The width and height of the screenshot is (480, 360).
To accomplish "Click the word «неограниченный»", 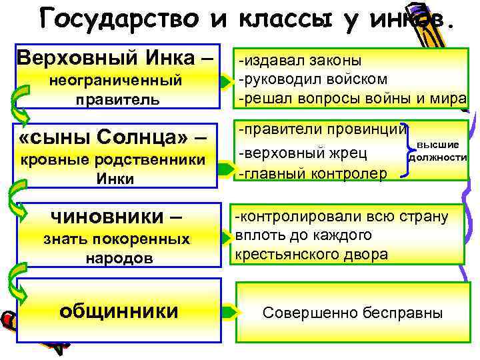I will coord(117,81).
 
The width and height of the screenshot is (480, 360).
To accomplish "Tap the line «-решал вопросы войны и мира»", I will coord(351,98).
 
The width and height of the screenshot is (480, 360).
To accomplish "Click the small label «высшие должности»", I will coord(437,151).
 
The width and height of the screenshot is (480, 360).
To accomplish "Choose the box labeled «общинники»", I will coord(119,310).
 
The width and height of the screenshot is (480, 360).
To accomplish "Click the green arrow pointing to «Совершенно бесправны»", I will coord(229,311).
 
